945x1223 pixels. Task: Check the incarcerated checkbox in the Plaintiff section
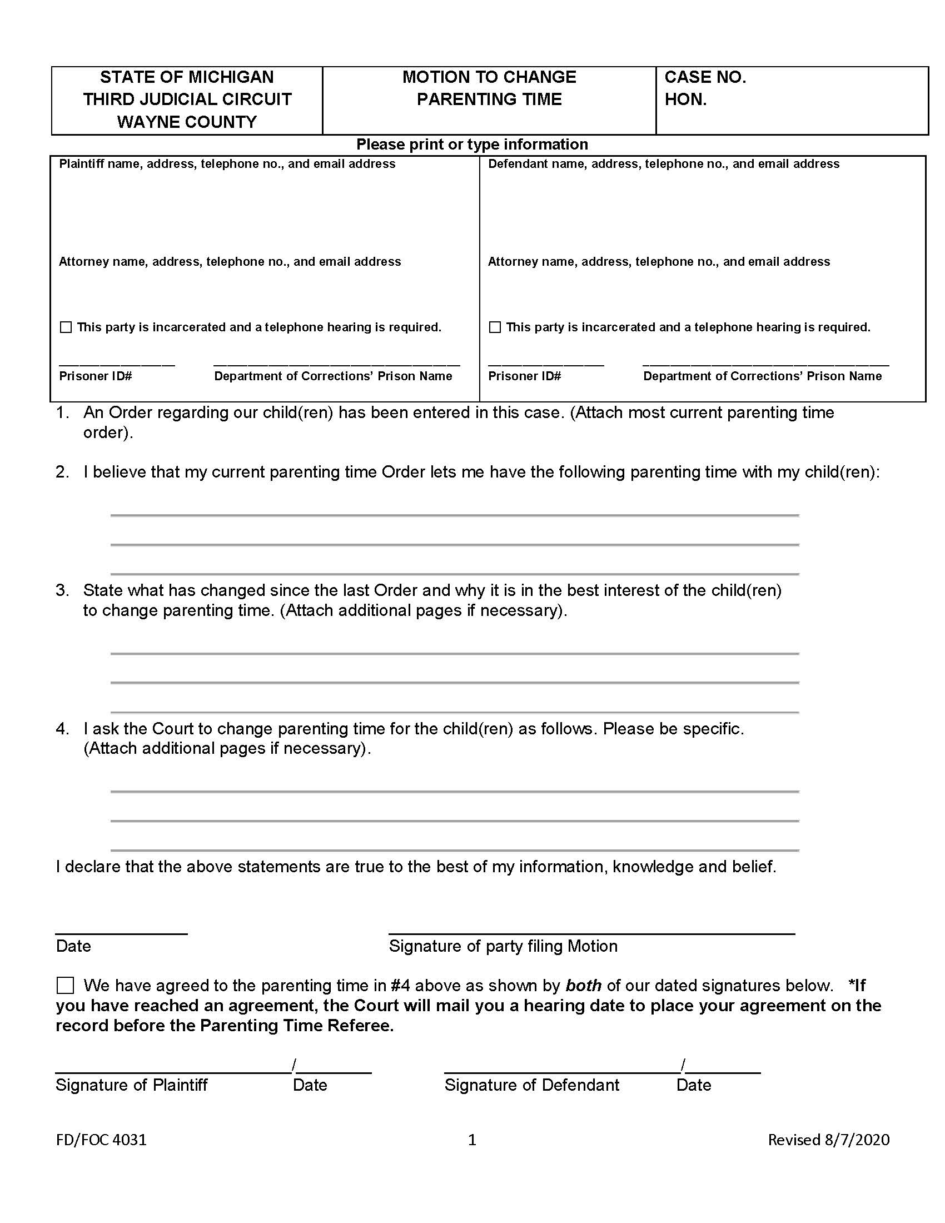click(x=66, y=327)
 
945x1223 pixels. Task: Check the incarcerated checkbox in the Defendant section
click(x=495, y=327)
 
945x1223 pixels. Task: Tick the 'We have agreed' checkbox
click(x=65, y=986)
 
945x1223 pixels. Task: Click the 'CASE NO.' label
click(x=705, y=77)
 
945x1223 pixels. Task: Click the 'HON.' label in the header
click(x=685, y=100)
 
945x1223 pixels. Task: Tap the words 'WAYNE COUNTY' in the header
click(x=186, y=122)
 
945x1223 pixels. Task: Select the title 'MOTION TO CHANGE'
click(x=489, y=77)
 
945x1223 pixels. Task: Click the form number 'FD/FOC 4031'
click(x=101, y=1140)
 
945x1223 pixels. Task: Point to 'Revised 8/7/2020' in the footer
click(x=829, y=1140)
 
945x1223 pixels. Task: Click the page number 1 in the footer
click(x=472, y=1140)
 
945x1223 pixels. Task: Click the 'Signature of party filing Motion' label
click(x=503, y=946)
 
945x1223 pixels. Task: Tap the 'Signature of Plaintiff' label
click(x=131, y=1085)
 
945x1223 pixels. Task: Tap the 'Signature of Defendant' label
click(x=531, y=1085)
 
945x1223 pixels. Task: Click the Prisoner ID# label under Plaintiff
click(x=95, y=376)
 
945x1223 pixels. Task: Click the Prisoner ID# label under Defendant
click(x=524, y=376)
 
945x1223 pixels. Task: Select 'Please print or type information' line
click(x=472, y=145)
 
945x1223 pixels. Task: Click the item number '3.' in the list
click(x=62, y=590)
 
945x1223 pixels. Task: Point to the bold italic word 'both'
click(x=583, y=986)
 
